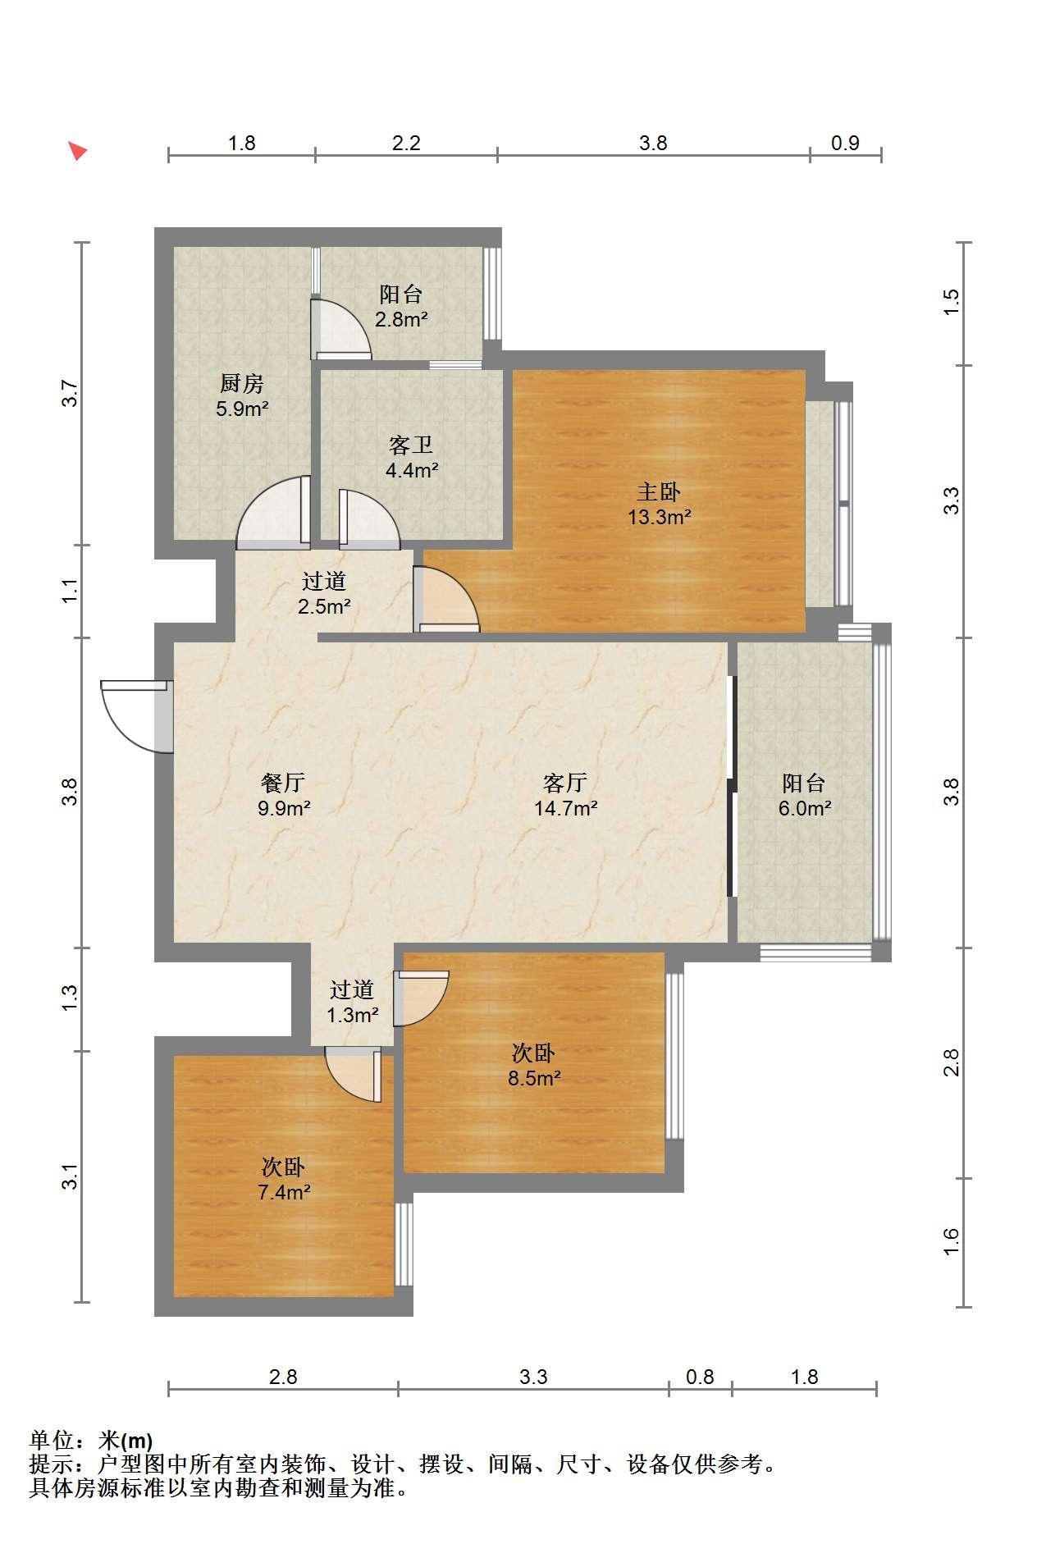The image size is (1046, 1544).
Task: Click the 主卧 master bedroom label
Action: (x=659, y=491)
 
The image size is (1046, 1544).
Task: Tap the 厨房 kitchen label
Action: (x=241, y=383)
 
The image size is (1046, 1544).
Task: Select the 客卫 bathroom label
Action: (x=411, y=445)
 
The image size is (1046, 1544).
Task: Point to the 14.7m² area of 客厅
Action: (x=565, y=808)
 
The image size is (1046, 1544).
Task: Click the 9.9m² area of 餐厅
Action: (x=284, y=808)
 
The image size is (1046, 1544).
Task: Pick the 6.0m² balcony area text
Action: (x=805, y=808)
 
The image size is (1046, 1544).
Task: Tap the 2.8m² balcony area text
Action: (x=401, y=319)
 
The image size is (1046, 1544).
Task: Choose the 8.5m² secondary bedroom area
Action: (x=534, y=1078)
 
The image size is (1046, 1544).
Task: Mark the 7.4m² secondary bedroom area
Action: (x=284, y=1192)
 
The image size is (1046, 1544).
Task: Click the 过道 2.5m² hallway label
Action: (x=324, y=594)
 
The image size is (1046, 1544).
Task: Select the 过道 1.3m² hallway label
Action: (x=352, y=1003)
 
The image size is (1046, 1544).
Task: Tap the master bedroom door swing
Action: (x=446, y=599)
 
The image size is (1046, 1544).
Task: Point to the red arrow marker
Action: (x=77, y=150)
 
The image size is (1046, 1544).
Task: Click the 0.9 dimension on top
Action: (x=845, y=143)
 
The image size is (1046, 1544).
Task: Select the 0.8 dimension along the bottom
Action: (x=700, y=1377)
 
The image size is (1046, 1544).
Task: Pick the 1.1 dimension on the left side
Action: (x=71, y=591)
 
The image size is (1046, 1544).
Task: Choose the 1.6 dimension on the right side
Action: (x=951, y=1240)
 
